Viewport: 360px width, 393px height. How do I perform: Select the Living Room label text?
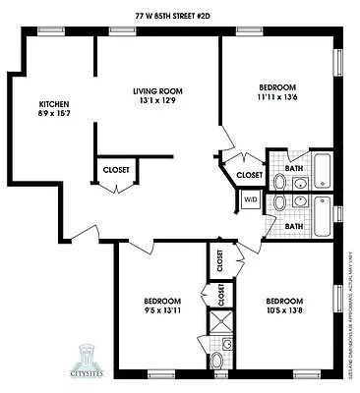pos(157,91)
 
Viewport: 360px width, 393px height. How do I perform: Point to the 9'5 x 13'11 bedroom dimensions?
pos(162,309)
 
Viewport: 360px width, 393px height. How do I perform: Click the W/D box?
pos(251,199)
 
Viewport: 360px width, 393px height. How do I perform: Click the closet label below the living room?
pos(115,170)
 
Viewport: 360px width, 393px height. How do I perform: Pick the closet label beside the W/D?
pos(250,175)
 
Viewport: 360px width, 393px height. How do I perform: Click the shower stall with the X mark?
pos(219,320)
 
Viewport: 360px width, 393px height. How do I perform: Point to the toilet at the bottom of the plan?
pos(218,363)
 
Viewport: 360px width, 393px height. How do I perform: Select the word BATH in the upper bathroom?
pos(294,168)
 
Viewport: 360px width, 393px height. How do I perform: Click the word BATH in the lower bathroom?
pos(294,226)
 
